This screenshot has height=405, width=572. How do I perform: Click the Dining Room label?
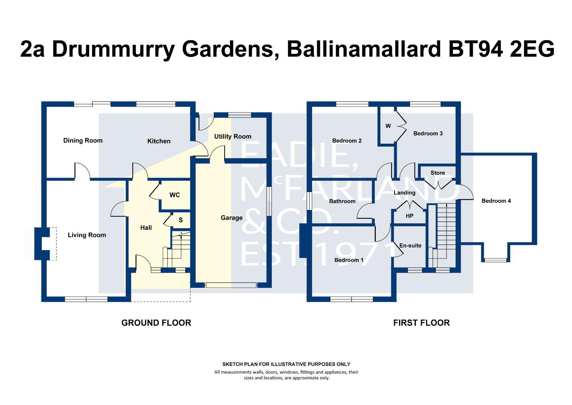[83, 141]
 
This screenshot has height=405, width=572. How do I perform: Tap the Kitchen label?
[159, 141]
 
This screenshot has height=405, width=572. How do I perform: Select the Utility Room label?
[232, 136]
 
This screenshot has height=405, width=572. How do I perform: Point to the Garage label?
[231, 217]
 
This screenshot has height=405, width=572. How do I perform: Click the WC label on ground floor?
[174, 195]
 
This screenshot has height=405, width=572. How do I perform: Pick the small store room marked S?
[180, 220]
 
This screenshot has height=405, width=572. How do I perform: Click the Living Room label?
[87, 235]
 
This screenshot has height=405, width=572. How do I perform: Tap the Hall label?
[146, 228]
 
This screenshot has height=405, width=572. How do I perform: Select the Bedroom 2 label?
[347, 141]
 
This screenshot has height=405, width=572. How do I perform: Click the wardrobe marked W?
[388, 126]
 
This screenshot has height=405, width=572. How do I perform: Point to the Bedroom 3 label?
[428, 133]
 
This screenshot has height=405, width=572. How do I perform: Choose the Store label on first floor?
[438, 173]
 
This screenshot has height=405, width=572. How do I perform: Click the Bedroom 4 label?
[496, 201]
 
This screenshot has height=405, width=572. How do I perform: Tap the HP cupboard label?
[410, 216]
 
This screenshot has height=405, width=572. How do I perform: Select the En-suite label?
[410, 246]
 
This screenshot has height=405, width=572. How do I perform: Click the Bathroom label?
[342, 201]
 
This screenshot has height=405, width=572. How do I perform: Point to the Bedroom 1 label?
[349, 260]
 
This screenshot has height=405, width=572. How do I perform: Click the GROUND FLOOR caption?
[156, 323]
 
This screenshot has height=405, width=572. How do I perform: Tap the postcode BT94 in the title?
[474, 49]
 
